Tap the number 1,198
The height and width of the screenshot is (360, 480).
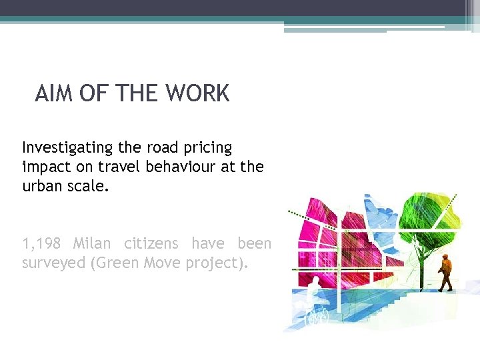(x=43, y=244)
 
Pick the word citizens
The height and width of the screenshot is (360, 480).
(x=151, y=243)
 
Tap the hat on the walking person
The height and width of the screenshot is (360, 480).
(x=445, y=255)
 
